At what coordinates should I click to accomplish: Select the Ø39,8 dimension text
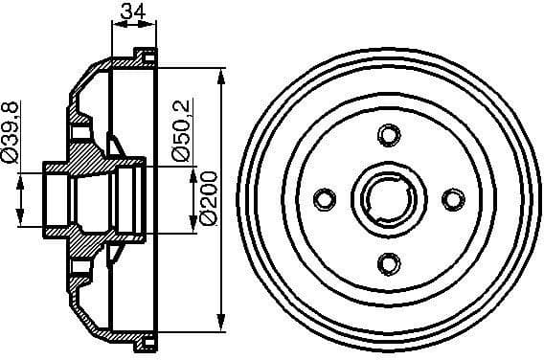pos(11,130)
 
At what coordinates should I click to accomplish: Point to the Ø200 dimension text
pos(209,197)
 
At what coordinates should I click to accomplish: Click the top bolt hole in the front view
pos(387,134)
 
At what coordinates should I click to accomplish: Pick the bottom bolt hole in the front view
pos(387,260)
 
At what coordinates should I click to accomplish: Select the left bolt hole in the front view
pos(324,197)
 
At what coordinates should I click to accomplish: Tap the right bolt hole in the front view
pos(450,197)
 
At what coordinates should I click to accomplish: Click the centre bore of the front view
pos(387,197)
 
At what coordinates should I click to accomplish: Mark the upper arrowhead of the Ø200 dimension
pos(222,75)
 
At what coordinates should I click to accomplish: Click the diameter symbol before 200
pos(209,219)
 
